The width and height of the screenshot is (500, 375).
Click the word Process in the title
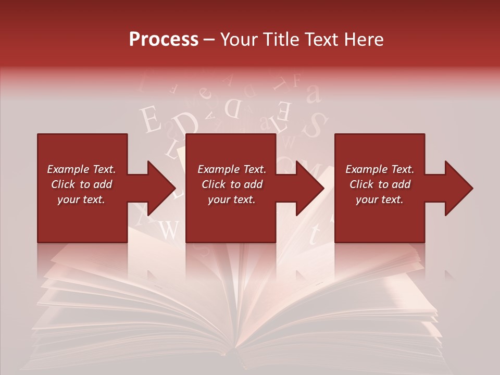[x=164, y=39]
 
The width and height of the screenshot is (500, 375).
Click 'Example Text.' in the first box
[x=81, y=169]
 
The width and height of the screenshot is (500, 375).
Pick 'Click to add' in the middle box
[x=232, y=184]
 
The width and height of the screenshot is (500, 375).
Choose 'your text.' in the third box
[x=380, y=199]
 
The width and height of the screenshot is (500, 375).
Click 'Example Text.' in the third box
[x=380, y=169]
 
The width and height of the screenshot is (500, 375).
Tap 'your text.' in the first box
[x=81, y=199]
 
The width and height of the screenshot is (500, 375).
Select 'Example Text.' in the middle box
[x=232, y=169]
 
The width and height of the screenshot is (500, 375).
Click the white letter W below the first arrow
[x=168, y=229]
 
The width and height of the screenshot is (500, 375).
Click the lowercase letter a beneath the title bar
[x=313, y=94]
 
